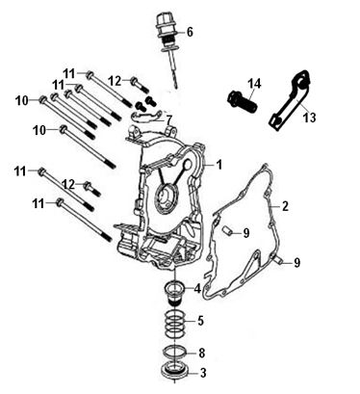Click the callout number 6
[190, 32]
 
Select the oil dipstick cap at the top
[165, 26]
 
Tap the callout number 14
[254, 84]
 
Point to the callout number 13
[310, 118]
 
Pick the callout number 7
[168, 120]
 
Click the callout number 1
[219, 165]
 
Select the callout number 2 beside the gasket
[285, 206]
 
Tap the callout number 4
[197, 289]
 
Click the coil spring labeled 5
[175, 324]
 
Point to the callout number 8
[201, 353]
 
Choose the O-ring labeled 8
[175, 352]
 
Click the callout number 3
[203, 373]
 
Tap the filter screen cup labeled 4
[175, 293]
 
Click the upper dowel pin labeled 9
[227, 230]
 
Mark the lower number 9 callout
[297, 263]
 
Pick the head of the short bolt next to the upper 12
[135, 80]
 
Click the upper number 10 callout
[22, 101]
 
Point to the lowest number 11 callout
[39, 203]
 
